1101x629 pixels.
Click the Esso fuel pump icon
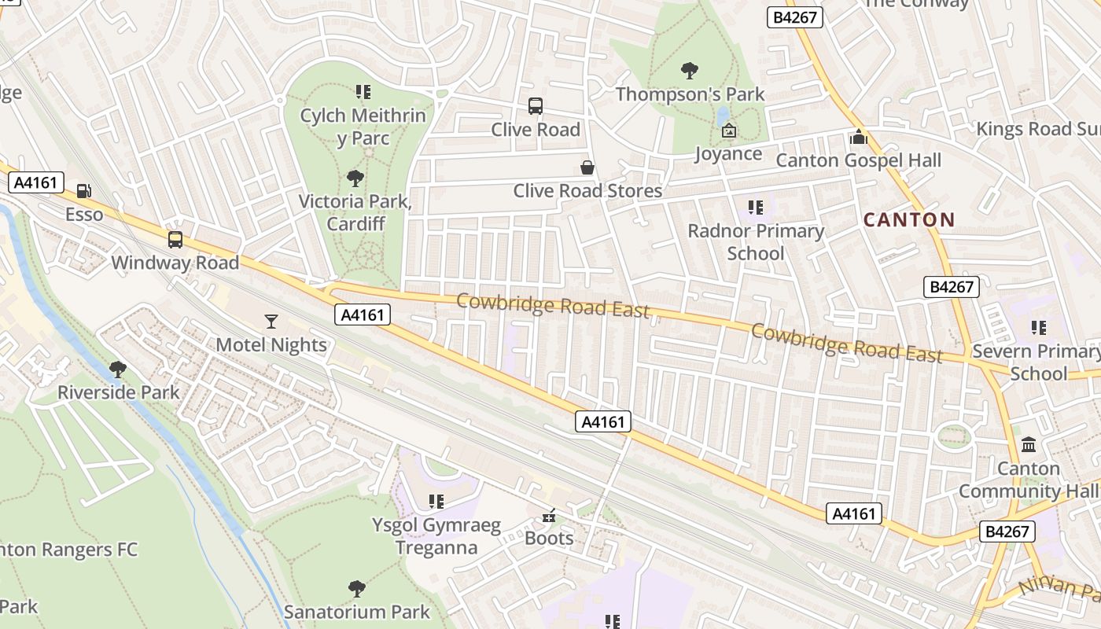83,190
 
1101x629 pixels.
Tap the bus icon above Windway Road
175,239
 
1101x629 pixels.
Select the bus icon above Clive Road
536,105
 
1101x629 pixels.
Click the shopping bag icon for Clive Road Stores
587,167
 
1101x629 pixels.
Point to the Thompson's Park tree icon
690,71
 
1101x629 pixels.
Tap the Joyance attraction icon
728,131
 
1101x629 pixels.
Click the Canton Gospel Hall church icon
858,137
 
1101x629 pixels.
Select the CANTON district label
909,219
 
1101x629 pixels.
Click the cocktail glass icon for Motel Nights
271,321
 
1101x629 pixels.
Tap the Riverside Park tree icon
118,369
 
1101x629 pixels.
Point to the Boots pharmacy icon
549,516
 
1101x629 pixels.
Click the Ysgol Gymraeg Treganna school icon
436,501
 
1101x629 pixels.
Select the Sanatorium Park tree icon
357,588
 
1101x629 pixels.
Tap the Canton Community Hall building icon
1029,445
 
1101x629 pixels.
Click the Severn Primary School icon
1039,327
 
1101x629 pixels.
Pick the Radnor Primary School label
756,241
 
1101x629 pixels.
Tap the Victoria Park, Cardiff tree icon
355,178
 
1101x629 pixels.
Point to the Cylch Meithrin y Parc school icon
363,92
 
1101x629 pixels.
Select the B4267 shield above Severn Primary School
952,287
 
